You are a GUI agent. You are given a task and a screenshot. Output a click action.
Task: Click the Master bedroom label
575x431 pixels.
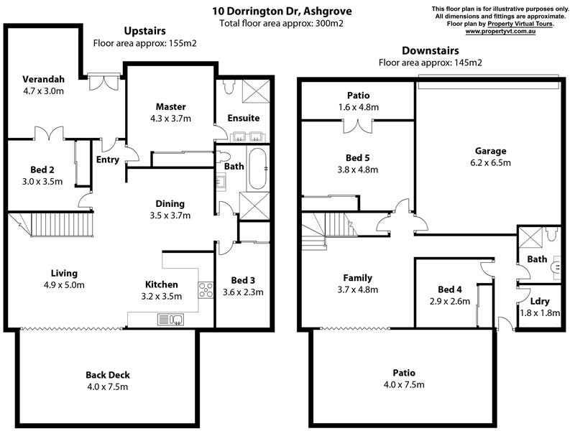coord(170,106)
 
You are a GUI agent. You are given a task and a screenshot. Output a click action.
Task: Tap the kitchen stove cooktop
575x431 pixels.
coord(206,289)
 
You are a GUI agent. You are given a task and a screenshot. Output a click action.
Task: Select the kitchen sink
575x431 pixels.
coord(170,320)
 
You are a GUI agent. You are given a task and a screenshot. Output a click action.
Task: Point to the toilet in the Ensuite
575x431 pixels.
coord(229,86)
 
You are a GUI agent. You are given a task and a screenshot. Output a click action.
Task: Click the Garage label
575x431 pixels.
coord(490,151)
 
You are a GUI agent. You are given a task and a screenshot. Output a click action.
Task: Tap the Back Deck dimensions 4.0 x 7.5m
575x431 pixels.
coord(107,386)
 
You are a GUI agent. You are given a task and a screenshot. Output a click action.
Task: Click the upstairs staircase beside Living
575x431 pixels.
coord(51,224)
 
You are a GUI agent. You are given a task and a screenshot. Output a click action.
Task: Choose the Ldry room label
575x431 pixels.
coord(540,301)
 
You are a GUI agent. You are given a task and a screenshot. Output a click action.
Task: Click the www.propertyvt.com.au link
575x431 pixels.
coord(500,32)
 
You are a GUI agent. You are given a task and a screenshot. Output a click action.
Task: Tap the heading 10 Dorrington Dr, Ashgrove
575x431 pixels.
coord(282,11)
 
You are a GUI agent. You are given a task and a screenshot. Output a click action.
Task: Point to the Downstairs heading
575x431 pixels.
coord(430,50)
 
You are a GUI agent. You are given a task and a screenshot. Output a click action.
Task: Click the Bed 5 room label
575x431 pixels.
coord(357,158)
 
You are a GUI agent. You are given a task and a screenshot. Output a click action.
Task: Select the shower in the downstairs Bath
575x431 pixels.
coord(530,238)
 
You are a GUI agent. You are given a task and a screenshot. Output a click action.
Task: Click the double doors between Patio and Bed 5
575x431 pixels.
coord(358,126)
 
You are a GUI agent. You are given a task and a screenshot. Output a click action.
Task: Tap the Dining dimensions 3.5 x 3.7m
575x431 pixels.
coord(170,215)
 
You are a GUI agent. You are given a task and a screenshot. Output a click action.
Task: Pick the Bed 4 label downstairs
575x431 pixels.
coord(450,289)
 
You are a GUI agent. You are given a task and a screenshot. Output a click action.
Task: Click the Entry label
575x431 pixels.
coord(107,159)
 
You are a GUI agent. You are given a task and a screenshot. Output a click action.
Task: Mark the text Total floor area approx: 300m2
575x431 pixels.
coord(282,24)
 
